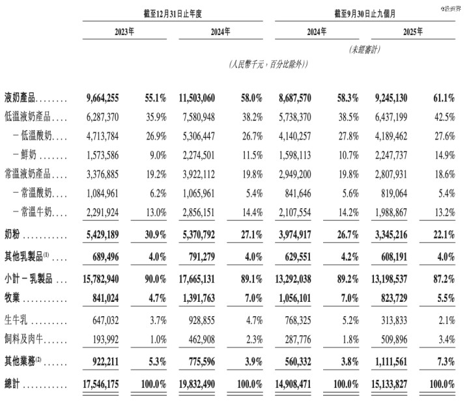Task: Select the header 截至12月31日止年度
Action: click(173, 13)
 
